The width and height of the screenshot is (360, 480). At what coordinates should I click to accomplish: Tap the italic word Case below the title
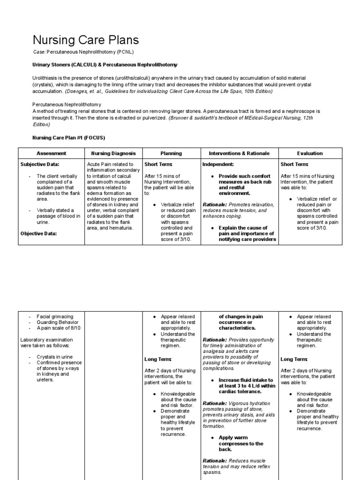38,52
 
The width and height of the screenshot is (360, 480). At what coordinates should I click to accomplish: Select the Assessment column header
52,153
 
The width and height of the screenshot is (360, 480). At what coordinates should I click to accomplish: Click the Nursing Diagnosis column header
113,153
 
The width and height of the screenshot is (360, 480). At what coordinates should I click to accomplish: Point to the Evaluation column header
310,153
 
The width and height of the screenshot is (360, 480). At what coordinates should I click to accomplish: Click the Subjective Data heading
40,165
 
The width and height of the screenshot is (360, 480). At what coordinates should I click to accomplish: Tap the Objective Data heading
38,233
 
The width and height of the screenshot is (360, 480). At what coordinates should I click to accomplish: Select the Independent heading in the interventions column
217,165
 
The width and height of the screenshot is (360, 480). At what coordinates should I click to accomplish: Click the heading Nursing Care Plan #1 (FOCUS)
68,138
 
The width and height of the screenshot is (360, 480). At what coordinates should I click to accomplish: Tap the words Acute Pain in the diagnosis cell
99,165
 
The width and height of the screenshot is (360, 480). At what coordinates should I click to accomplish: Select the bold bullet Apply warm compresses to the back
241,443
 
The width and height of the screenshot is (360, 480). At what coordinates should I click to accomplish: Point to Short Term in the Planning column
158,165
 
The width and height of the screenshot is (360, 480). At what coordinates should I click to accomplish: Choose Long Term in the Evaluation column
294,359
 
